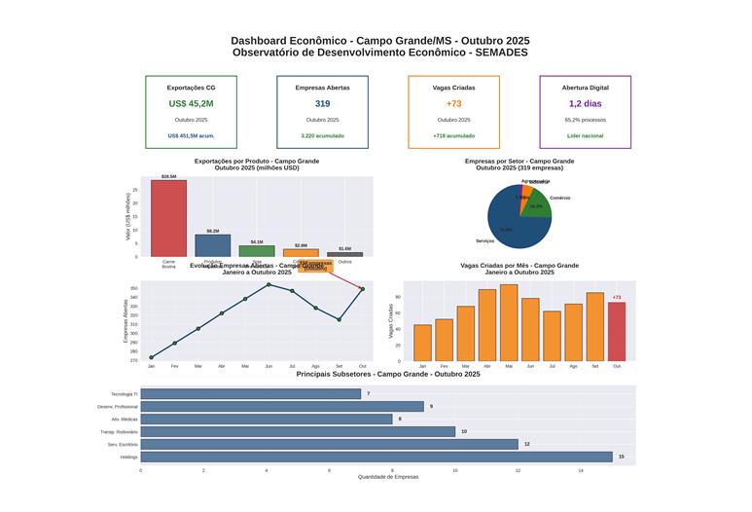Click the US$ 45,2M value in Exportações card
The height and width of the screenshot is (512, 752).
tap(191, 103)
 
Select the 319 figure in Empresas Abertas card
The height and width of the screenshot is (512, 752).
tap(322, 103)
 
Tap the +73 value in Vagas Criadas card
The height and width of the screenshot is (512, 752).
tap(453, 103)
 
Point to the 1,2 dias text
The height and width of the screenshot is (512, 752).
tap(585, 103)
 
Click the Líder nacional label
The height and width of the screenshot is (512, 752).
tap(585, 136)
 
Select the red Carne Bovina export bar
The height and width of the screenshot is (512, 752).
tap(168, 219)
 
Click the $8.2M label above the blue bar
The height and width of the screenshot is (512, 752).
tap(213, 231)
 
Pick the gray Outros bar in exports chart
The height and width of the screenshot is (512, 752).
tap(344, 254)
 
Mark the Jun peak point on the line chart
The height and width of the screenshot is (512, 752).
tap(269, 284)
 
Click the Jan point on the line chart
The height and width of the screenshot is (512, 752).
tap(151, 357)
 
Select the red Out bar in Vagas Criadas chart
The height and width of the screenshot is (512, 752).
tap(617, 332)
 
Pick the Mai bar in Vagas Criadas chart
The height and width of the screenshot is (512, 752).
tap(509, 323)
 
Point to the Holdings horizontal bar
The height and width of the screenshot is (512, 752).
tap(376, 457)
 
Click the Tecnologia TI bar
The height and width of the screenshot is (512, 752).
tap(250, 394)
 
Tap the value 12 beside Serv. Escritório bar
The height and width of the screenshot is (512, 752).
tap(527, 444)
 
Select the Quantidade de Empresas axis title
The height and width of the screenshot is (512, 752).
tap(388, 477)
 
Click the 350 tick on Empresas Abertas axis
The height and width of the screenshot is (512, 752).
tap(133, 288)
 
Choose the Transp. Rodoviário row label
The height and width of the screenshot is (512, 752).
tap(119, 431)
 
